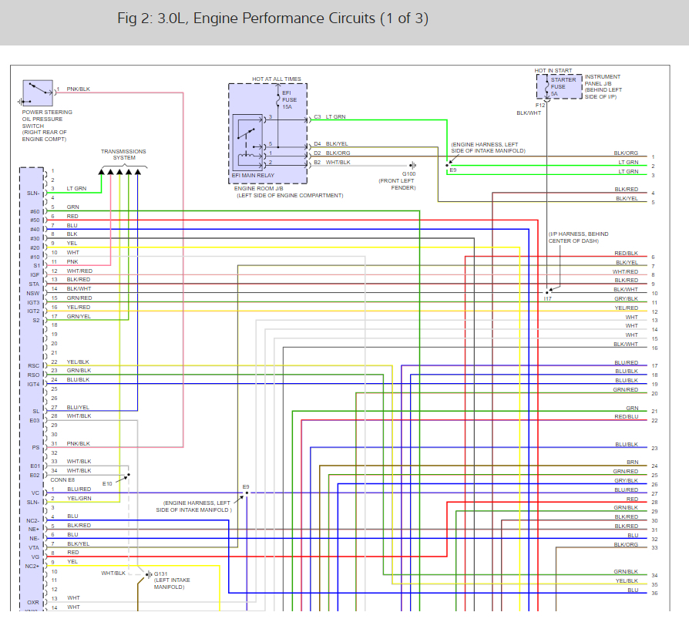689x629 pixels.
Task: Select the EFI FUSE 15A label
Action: point(289,100)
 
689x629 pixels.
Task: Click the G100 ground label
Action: point(408,174)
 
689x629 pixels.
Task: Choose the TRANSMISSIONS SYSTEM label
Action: point(123,154)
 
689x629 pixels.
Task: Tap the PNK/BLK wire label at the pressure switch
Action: point(78,89)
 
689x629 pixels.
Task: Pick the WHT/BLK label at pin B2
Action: point(338,163)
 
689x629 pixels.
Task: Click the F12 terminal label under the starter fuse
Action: point(540,105)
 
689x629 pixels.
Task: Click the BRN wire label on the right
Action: point(632,462)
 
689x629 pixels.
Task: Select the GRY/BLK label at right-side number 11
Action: point(626,298)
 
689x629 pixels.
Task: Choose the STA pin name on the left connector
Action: point(34,284)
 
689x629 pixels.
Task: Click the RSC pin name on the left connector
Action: point(33,366)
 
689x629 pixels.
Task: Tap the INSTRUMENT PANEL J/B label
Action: point(603,77)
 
